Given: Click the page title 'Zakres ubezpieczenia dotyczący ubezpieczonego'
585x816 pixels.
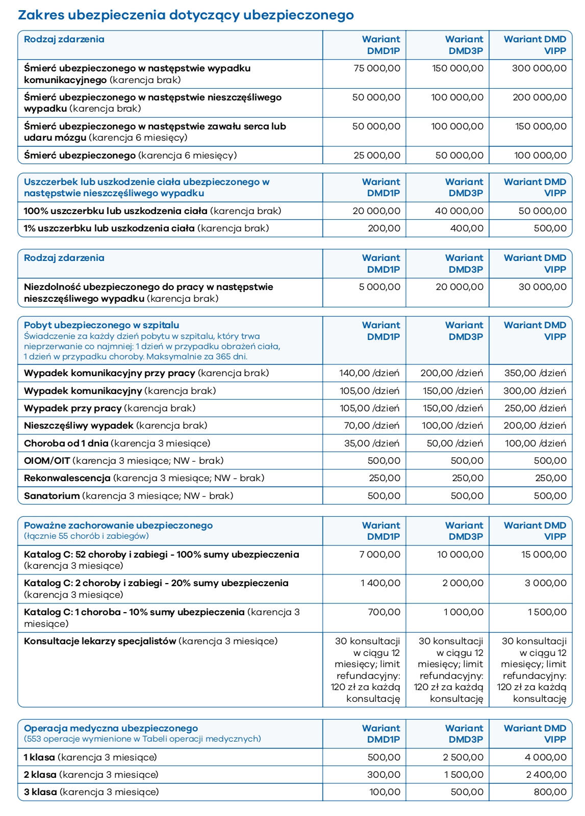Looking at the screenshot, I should pyautogui.click(x=186, y=15).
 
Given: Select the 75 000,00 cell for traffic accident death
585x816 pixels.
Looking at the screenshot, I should pyautogui.click(x=377, y=68).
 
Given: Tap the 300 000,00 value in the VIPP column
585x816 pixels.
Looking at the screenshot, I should pyautogui.click(x=539, y=68).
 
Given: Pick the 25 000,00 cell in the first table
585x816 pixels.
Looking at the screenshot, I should pyautogui.click(x=377, y=155).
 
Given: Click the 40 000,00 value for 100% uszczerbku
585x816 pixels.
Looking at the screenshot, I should pyautogui.click(x=459, y=211).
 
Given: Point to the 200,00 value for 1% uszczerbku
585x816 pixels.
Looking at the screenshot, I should pyautogui.click(x=384, y=228).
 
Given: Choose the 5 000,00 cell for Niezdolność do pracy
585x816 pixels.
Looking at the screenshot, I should pyautogui.click(x=379, y=287).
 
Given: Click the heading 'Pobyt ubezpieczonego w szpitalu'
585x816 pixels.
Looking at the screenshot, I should pyautogui.click(x=101, y=325).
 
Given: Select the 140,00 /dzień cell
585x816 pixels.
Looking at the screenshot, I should pyautogui.click(x=369, y=373).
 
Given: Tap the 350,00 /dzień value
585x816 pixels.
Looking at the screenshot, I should pyautogui.click(x=535, y=373).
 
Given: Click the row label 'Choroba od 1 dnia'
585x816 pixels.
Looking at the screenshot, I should pyautogui.click(x=66, y=443).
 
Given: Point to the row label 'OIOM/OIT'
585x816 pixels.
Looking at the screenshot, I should pyautogui.click(x=47, y=461).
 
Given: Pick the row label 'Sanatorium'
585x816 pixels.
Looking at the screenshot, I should pyautogui.click(x=52, y=496).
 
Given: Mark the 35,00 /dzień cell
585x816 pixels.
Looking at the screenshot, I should pyautogui.click(x=372, y=443).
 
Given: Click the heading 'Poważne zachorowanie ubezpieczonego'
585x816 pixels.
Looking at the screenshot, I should pyautogui.click(x=118, y=525).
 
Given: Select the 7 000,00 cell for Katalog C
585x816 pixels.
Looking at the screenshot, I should pyautogui.click(x=380, y=555).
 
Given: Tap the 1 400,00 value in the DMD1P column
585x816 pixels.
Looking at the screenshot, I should pyautogui.click(x=380, y=583).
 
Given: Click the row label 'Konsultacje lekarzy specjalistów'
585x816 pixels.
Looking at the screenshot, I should pyautogui.click(x=100, y=641).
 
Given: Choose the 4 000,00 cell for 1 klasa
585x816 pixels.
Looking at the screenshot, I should pyautogui.click(x=546, y=757).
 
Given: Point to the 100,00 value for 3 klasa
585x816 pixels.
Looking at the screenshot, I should pyautogui.click(x=385, y=792).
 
